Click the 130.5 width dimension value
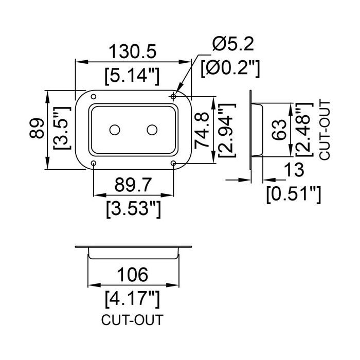coord(133,51)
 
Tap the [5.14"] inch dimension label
coord(132,76)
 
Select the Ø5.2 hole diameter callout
coord(233,44)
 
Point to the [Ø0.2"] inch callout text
coord(230,68)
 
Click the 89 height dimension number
coord(37,128)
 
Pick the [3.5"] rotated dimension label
coord(62,128)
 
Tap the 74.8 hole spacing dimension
coord(202,130)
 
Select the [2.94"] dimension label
coord(227,130)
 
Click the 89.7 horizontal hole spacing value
coord(133,185)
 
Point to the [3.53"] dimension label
coord(133,209)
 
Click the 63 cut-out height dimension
coord(279,130)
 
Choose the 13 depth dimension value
coord(294,169)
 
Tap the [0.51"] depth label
coord(294,194)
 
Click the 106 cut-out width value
coord(133,275)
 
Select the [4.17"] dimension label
coord(132,299)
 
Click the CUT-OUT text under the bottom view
coord(132,320)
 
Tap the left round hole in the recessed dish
coord(115,130)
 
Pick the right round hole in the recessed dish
coord(152,130)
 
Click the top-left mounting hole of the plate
coord(94,97)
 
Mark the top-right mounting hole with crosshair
coord(173,97)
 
